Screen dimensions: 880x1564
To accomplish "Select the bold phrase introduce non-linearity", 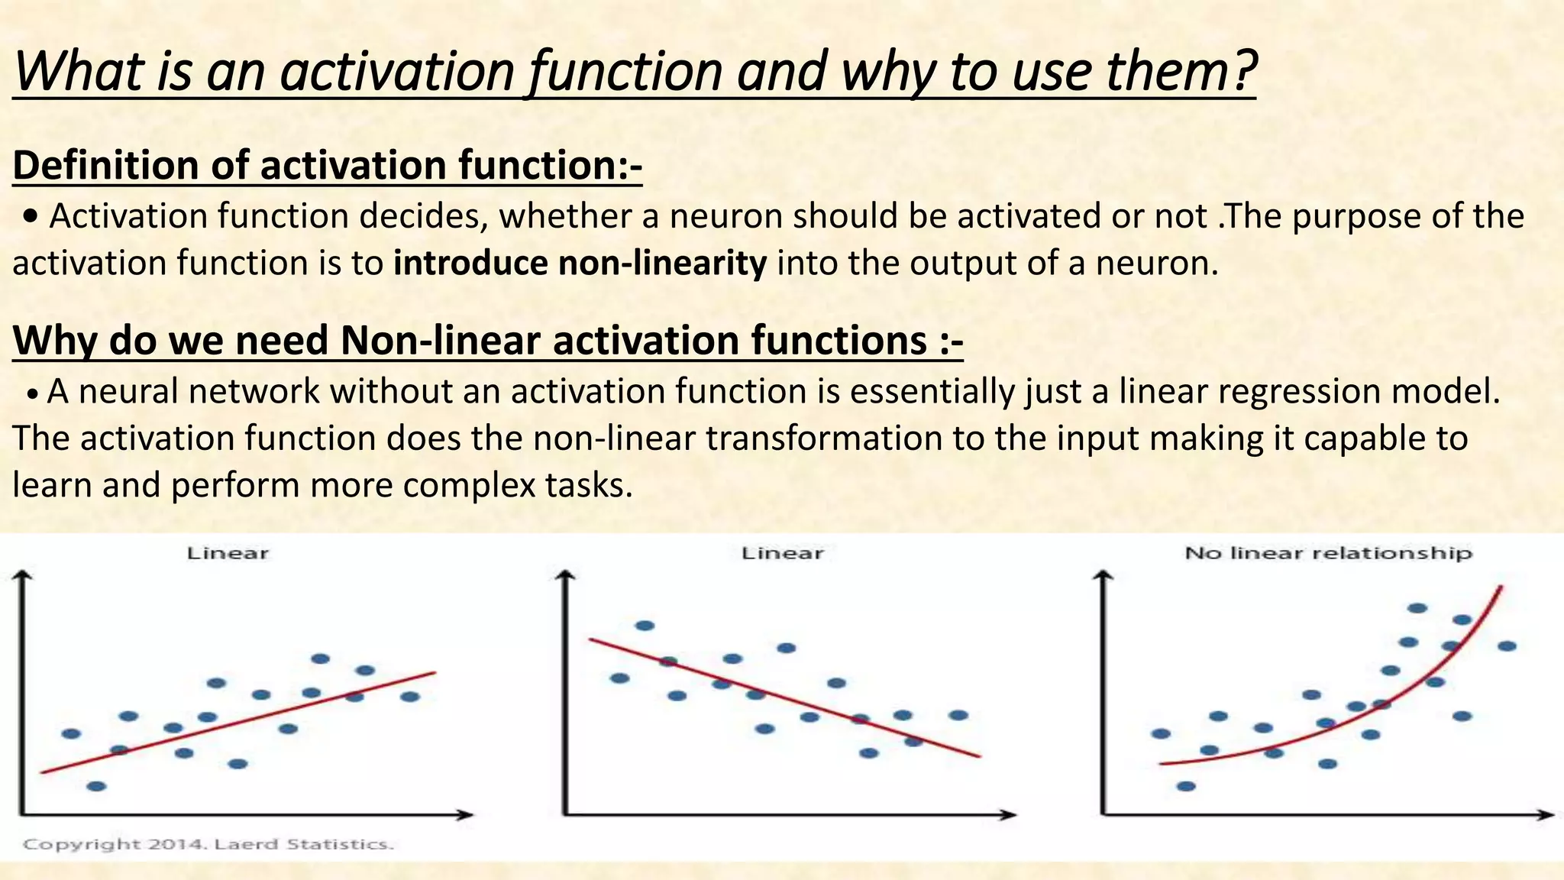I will tap(580, 264).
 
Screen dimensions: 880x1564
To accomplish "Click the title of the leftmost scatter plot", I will tap(228, 553).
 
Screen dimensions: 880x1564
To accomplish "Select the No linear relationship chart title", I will tap(1328, 553).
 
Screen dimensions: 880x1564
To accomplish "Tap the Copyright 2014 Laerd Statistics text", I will tap(208, 844).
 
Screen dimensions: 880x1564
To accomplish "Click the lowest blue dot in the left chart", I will tap(96, 786).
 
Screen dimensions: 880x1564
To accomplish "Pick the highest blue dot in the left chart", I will tap(321, 658).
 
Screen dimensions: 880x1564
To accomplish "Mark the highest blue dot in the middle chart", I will tap(645, 626).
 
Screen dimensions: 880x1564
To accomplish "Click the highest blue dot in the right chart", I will tap(1417, 608).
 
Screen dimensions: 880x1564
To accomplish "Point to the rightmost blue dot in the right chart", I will tap(1507, 646).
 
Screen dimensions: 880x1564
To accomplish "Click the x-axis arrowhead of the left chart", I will tap(467, 814).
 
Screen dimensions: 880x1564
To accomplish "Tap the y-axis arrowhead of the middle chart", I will tap(566, 575).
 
